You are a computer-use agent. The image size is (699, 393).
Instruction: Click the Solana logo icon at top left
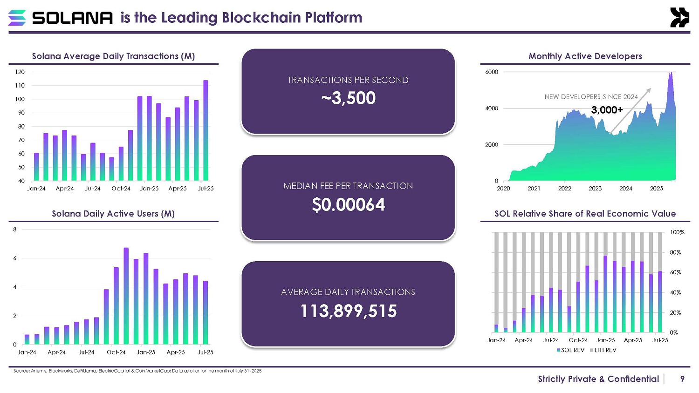coord(17,18)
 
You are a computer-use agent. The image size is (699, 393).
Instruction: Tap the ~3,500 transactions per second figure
coord(348,98)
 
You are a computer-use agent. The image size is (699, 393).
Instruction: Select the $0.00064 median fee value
coord(348,205)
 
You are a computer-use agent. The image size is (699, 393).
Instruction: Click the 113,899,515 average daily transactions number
coord(348,311)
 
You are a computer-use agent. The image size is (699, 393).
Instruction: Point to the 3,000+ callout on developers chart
coord(607,110)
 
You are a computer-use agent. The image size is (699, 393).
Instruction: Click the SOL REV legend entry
coord(570,350)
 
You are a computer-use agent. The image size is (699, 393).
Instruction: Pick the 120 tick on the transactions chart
coord(20,72)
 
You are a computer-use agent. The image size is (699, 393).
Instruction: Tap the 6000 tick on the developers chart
coord(492,72)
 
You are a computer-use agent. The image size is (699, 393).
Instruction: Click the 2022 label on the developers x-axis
coord(564,189)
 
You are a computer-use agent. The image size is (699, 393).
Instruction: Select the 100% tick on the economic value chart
coord(677,232)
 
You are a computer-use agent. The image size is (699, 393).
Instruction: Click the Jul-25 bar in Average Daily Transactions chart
coord(206,130)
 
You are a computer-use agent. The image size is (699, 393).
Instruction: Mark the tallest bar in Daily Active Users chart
coord(126,296)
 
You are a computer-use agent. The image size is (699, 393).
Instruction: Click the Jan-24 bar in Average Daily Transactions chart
coord(36,167)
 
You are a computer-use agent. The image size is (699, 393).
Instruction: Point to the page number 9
coord(682,379)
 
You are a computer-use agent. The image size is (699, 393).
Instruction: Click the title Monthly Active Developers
coord(585,56)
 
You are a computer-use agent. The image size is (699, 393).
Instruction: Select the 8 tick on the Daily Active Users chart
coord(15,230)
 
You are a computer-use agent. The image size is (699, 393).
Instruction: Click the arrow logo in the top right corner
coord(679,18)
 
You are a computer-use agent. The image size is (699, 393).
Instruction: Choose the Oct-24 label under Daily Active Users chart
coord(116,352)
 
